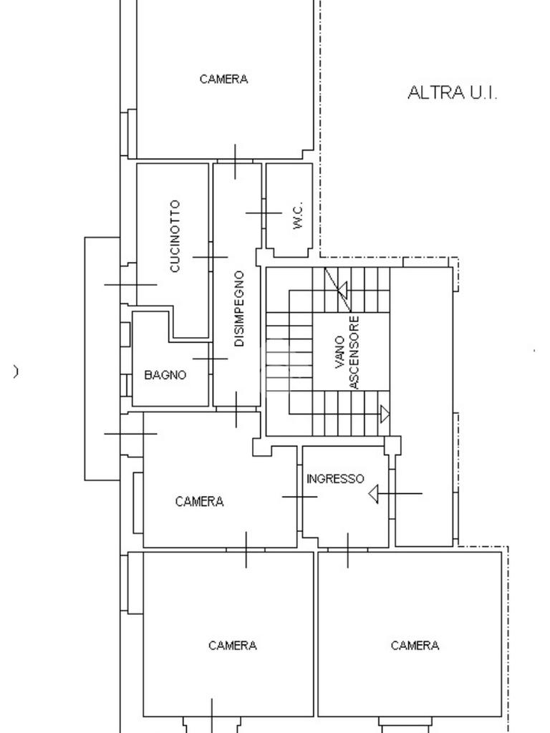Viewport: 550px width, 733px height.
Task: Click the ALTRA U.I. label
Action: pyautogui.click(x=452, y=92)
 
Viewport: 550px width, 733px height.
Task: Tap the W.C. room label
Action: pyautogui.click(x=299, y=215)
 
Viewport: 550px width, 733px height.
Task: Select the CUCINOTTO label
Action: pyautogui.click(x=175, y=236)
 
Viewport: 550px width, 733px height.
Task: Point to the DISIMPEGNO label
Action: pyautogui.click(x=239, y=309)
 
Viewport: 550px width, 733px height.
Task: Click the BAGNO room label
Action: pyautogui.click(x=165, y=374)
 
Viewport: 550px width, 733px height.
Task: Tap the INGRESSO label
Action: pyautogui.click(x=335, y=479)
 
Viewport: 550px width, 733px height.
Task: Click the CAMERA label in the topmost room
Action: pyautogui.click(x=224, y=79)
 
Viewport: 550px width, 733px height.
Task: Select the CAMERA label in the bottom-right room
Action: pyautogui.click(x=415, y=646)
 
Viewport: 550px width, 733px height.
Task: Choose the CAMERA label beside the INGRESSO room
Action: pyautogui.click(x=200, y=502)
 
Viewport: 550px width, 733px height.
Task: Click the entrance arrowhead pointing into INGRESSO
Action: pyautogui.click(x=373, y=493)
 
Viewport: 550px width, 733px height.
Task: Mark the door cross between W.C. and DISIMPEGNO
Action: pyautogui.click(x=264, y=213)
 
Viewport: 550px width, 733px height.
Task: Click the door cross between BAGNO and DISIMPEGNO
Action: pyautogui.click(x=210, y=359)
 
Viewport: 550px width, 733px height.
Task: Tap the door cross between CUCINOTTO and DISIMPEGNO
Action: pyautogui.click(x=210, y=256)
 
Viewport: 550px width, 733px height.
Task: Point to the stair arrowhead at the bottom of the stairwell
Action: pyautogui.click(x=385, y=414)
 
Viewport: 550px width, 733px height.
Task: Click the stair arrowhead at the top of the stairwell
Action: pyautogui.click(x=342, y=290)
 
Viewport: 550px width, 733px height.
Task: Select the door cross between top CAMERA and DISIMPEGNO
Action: pyautogui.click(x=236, y=161)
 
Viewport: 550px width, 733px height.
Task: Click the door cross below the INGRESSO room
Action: pyautogui.click(x=348, y=550)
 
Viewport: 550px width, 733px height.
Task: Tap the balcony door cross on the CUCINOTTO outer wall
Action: pyautogui.click(x=130, y=284)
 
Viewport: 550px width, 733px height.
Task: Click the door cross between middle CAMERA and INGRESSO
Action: pyautogui.click(x=299, y=497)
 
